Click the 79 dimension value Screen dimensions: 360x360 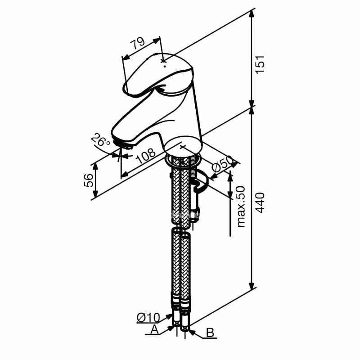point(137,43)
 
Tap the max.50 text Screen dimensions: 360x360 point(241,207)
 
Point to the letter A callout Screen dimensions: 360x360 point(154,330)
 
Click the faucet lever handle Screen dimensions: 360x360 point(157,76)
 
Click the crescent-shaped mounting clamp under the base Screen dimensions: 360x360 point(201,184)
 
